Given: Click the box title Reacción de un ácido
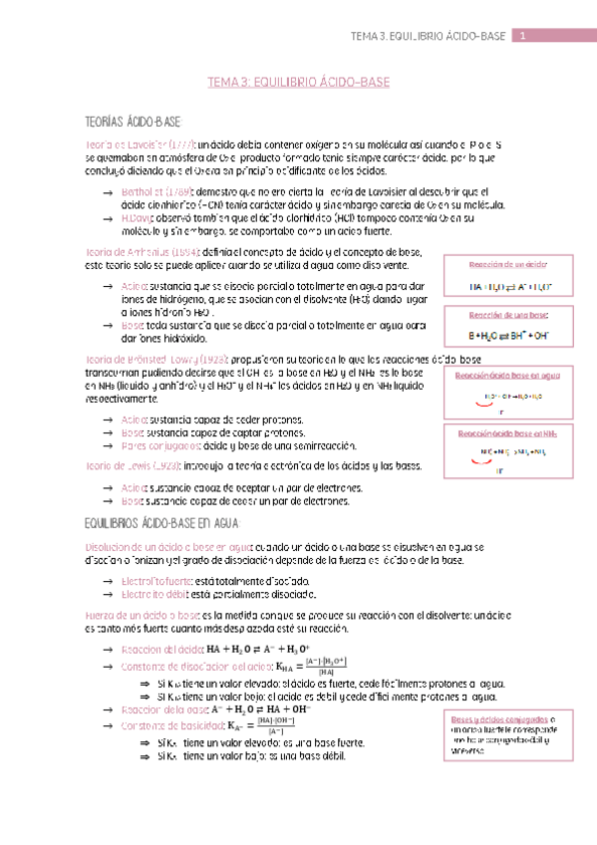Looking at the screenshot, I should coord(509,264).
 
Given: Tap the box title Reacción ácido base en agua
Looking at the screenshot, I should coord(509,376).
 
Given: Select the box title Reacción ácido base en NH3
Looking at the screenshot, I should coord(509,434).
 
